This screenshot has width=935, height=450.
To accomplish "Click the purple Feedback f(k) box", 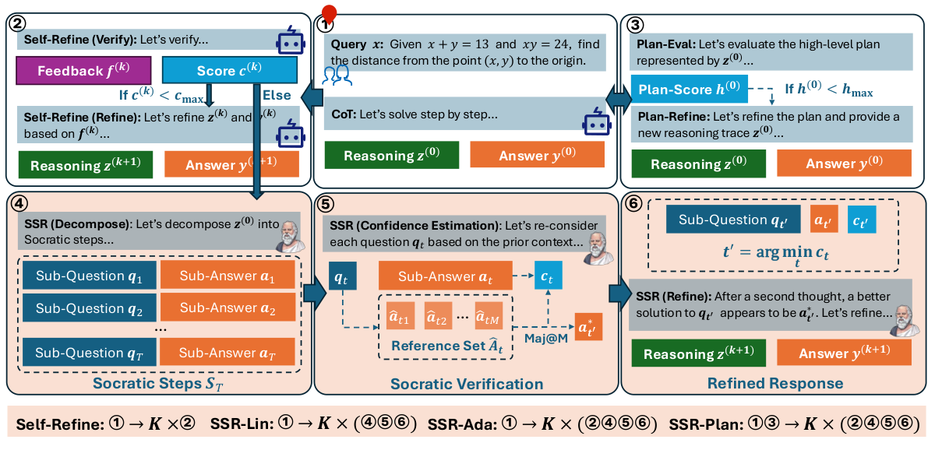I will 83,72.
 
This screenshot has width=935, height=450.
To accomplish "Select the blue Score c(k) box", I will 229,72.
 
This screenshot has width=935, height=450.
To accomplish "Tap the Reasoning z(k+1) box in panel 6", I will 698,354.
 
